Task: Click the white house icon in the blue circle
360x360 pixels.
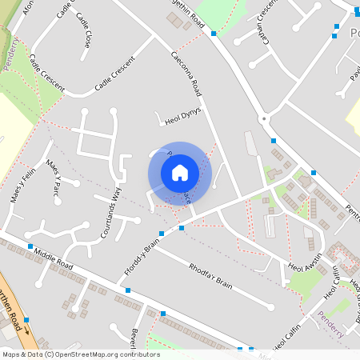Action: [180, 173]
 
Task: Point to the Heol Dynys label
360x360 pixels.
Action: [183, 117]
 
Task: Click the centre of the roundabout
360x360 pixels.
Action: [263, 118]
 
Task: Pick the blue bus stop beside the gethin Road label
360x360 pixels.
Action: [214, 34]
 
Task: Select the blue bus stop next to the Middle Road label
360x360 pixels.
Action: [30, 246]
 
